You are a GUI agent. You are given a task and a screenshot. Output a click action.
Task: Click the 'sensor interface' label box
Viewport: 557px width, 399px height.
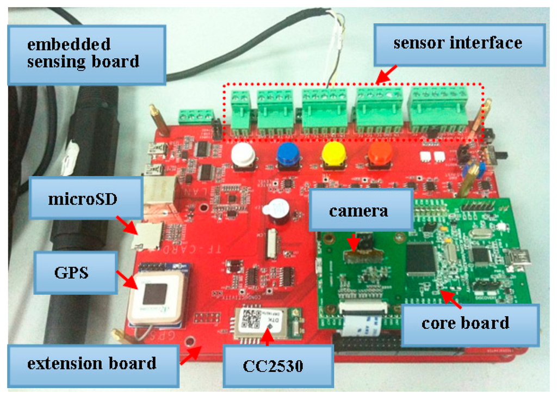pos(457,43)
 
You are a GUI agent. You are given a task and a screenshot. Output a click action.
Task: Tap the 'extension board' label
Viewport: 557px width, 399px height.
pos(92,363)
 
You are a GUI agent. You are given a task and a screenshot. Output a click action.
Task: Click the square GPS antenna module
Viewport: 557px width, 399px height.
pos(154,295)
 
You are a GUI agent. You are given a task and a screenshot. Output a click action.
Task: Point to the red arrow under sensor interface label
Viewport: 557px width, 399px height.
pos(387,75)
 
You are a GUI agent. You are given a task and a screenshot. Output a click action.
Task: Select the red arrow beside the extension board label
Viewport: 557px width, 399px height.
pos(190,356)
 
